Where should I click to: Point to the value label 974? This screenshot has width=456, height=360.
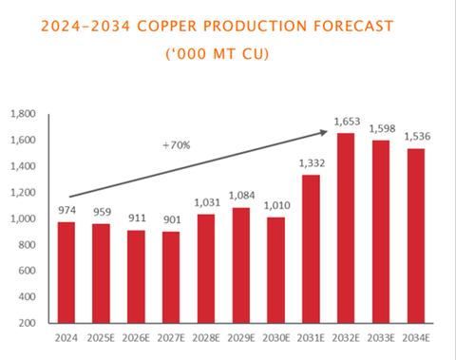(x=66, y=211)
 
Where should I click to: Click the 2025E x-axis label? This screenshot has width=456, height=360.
(x=102, y=338)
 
